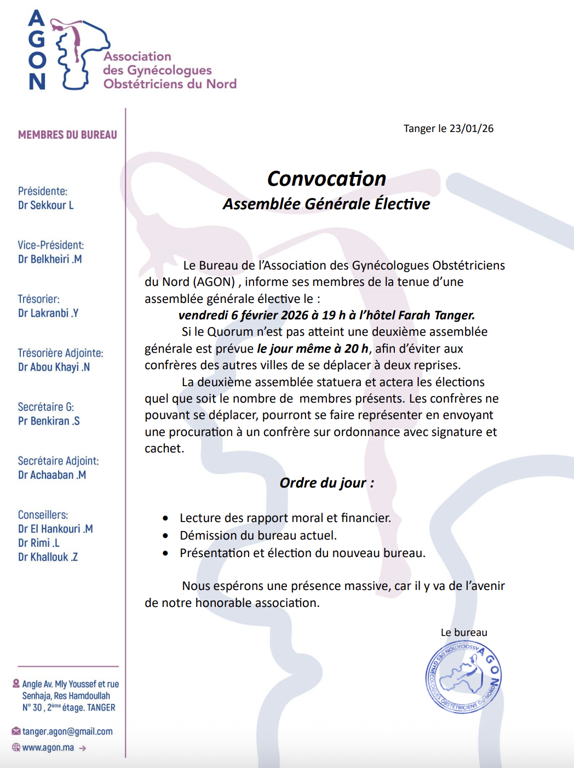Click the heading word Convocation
[326, 179]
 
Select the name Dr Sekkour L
[45, 205]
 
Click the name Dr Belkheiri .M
[50, 259]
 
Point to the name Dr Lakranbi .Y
[48, 313]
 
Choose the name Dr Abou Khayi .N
[54, 367]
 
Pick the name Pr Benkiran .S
[49, 421]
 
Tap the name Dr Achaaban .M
[52, 475]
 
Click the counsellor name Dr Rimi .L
[38, 543]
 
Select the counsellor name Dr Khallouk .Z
[48, 557]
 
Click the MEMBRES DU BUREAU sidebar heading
[67, 135]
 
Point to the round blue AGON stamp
[463, 677]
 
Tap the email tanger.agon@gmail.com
[67, 731]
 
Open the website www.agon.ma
[48, 748]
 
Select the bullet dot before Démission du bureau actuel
[165, 536]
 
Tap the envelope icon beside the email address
[16, 731]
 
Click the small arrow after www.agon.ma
[83, 748]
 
